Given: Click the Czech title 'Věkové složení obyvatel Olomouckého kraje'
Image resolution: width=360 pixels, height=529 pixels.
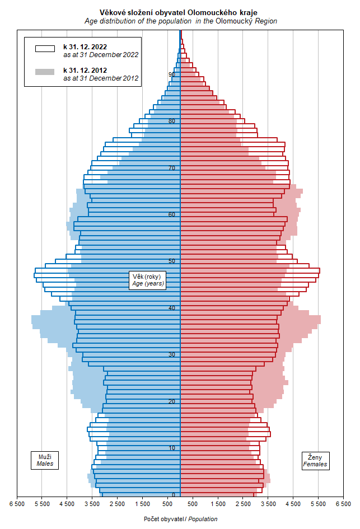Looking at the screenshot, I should click(180, 12).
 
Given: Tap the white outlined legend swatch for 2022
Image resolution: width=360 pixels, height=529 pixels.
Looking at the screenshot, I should click(45, 49).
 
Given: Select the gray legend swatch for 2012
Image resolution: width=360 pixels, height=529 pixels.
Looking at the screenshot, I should click(45, 72).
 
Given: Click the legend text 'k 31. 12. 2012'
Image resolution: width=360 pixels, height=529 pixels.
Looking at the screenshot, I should click(85, 70).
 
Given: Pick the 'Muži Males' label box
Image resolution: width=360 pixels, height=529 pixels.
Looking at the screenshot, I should click(44, 460).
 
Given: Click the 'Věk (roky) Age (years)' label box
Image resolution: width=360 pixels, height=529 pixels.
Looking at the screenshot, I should click(147, 280).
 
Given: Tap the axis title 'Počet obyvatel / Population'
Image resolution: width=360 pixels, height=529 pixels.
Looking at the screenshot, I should click(180, 519).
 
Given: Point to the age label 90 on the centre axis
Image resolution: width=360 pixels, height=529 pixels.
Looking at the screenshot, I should click(172, 74).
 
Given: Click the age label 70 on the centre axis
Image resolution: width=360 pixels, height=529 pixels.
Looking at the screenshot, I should click(172, 168).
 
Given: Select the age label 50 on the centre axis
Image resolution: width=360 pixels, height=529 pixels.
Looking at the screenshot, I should click(172, 261).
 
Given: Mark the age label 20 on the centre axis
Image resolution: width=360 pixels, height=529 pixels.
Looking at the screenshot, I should click(172, 401).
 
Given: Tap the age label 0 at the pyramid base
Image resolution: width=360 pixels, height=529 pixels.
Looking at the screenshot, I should click(174, 495).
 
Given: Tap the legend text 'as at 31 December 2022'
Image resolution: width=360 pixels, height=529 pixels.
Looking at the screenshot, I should click(101, 55).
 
